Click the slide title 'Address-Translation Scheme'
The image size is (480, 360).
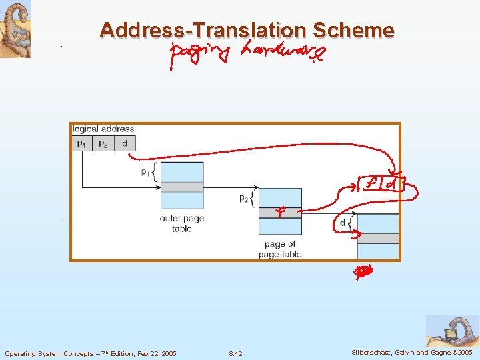click(x=247, y=30)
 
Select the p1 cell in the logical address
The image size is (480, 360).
click(x=81, y=143)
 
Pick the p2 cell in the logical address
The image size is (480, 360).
click(x=103, y=143)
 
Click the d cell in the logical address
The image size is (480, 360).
click(x=125, y=143)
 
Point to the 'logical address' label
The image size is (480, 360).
click(x=103, y=129)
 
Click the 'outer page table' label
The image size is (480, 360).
click(x=181, y=223)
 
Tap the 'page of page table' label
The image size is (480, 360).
click(x=280, y=249)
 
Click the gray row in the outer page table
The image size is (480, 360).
click(x=182, y=187)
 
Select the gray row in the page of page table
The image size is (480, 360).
click(x=280, y=213)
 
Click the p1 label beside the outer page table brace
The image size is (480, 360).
click(x=145, y=173)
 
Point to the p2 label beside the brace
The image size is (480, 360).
click(x=244, y=199)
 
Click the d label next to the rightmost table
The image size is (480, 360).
click(x=343, y=223)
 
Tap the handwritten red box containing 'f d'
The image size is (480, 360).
click(x=381, y=183)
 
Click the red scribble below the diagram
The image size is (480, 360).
click(x=363, y=272)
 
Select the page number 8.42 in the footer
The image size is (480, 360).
click(x=235, y=353)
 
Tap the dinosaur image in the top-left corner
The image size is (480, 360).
click(x=15, y=29)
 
